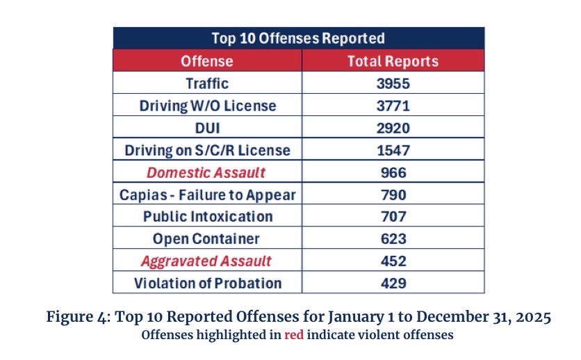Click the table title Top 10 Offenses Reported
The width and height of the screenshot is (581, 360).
point(298,38)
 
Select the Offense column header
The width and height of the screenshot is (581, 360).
point(207,61)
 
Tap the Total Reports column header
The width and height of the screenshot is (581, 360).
point(393,61)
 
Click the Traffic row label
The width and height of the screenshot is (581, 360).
point(207,83)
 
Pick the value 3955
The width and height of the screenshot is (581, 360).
point(393,83)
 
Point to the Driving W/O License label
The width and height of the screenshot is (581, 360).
point(207,106)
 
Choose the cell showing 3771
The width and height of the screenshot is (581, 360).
point(393,106)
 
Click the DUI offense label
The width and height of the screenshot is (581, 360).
point(207,128)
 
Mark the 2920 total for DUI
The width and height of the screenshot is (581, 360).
point(393,128)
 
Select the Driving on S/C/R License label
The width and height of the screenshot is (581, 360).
point(207,150)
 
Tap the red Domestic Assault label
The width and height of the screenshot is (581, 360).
point(207,172)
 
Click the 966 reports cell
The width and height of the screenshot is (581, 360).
point(393,172)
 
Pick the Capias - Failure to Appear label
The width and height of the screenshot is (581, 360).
point(207,195)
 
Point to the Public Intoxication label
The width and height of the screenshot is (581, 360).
point(207,217)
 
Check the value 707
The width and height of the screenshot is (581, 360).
point(393,217)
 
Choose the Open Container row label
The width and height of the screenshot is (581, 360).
point(207,239)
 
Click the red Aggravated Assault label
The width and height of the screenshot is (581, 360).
point(207,261)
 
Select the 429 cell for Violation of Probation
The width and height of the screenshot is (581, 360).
point(393,284)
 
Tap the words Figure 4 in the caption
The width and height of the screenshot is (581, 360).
point(76,318)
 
